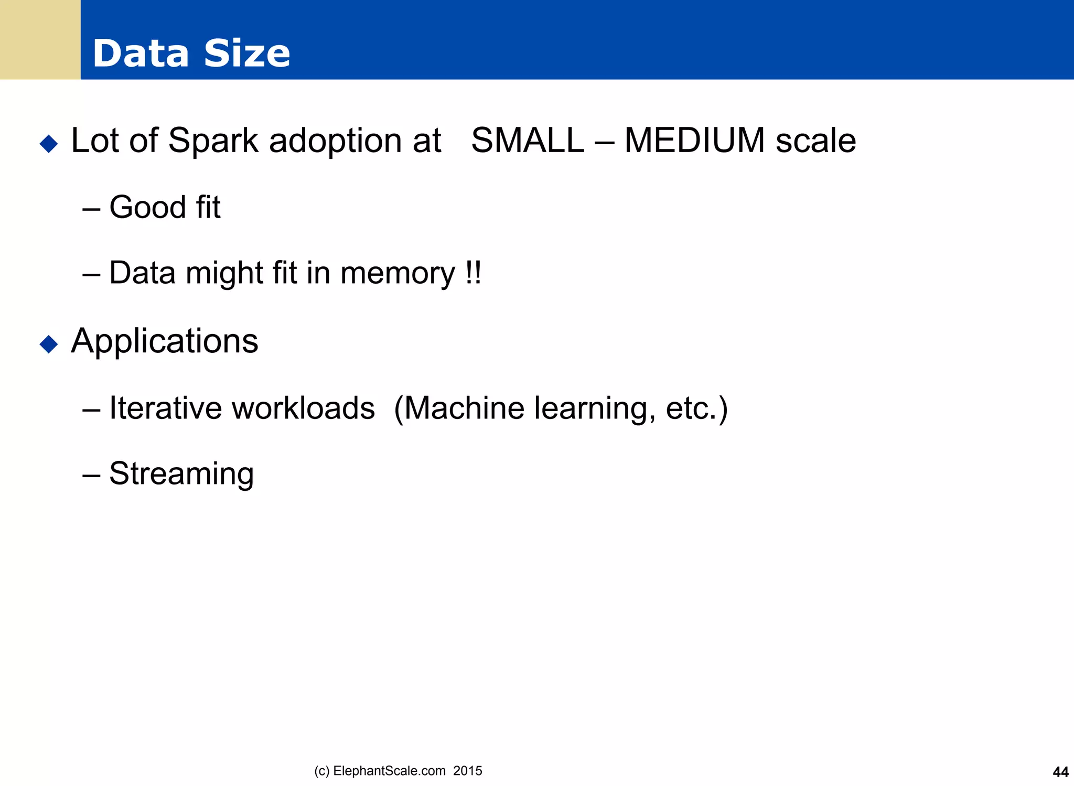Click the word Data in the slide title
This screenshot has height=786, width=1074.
point(141,53)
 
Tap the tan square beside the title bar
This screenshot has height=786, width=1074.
point(40,40)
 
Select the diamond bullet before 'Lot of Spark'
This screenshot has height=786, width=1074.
point(49,143)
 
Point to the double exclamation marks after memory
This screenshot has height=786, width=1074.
point(473,273)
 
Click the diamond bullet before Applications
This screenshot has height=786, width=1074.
point(49,344)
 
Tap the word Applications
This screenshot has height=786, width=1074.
point(165,342)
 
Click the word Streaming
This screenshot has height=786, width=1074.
point(181,474)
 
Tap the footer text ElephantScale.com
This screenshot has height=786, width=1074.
point(389,771)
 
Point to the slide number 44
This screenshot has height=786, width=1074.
point(1060,772)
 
